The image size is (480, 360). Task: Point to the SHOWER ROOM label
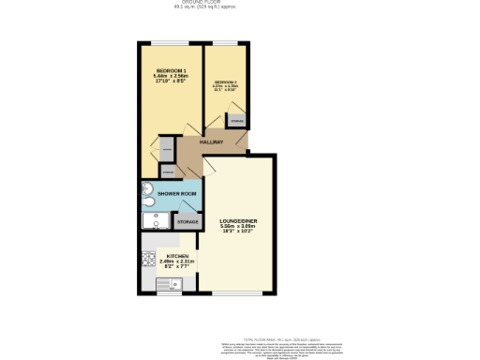[x=176, y=193]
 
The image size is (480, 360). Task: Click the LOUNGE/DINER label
[x=239, y=220]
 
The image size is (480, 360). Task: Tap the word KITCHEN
[x=178, y=256]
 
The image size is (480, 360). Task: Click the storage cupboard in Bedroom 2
[x=236, y=121]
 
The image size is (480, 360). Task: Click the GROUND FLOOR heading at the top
[x=239, y=3]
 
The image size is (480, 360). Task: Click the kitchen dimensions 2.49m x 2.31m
[x=178, y=262]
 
